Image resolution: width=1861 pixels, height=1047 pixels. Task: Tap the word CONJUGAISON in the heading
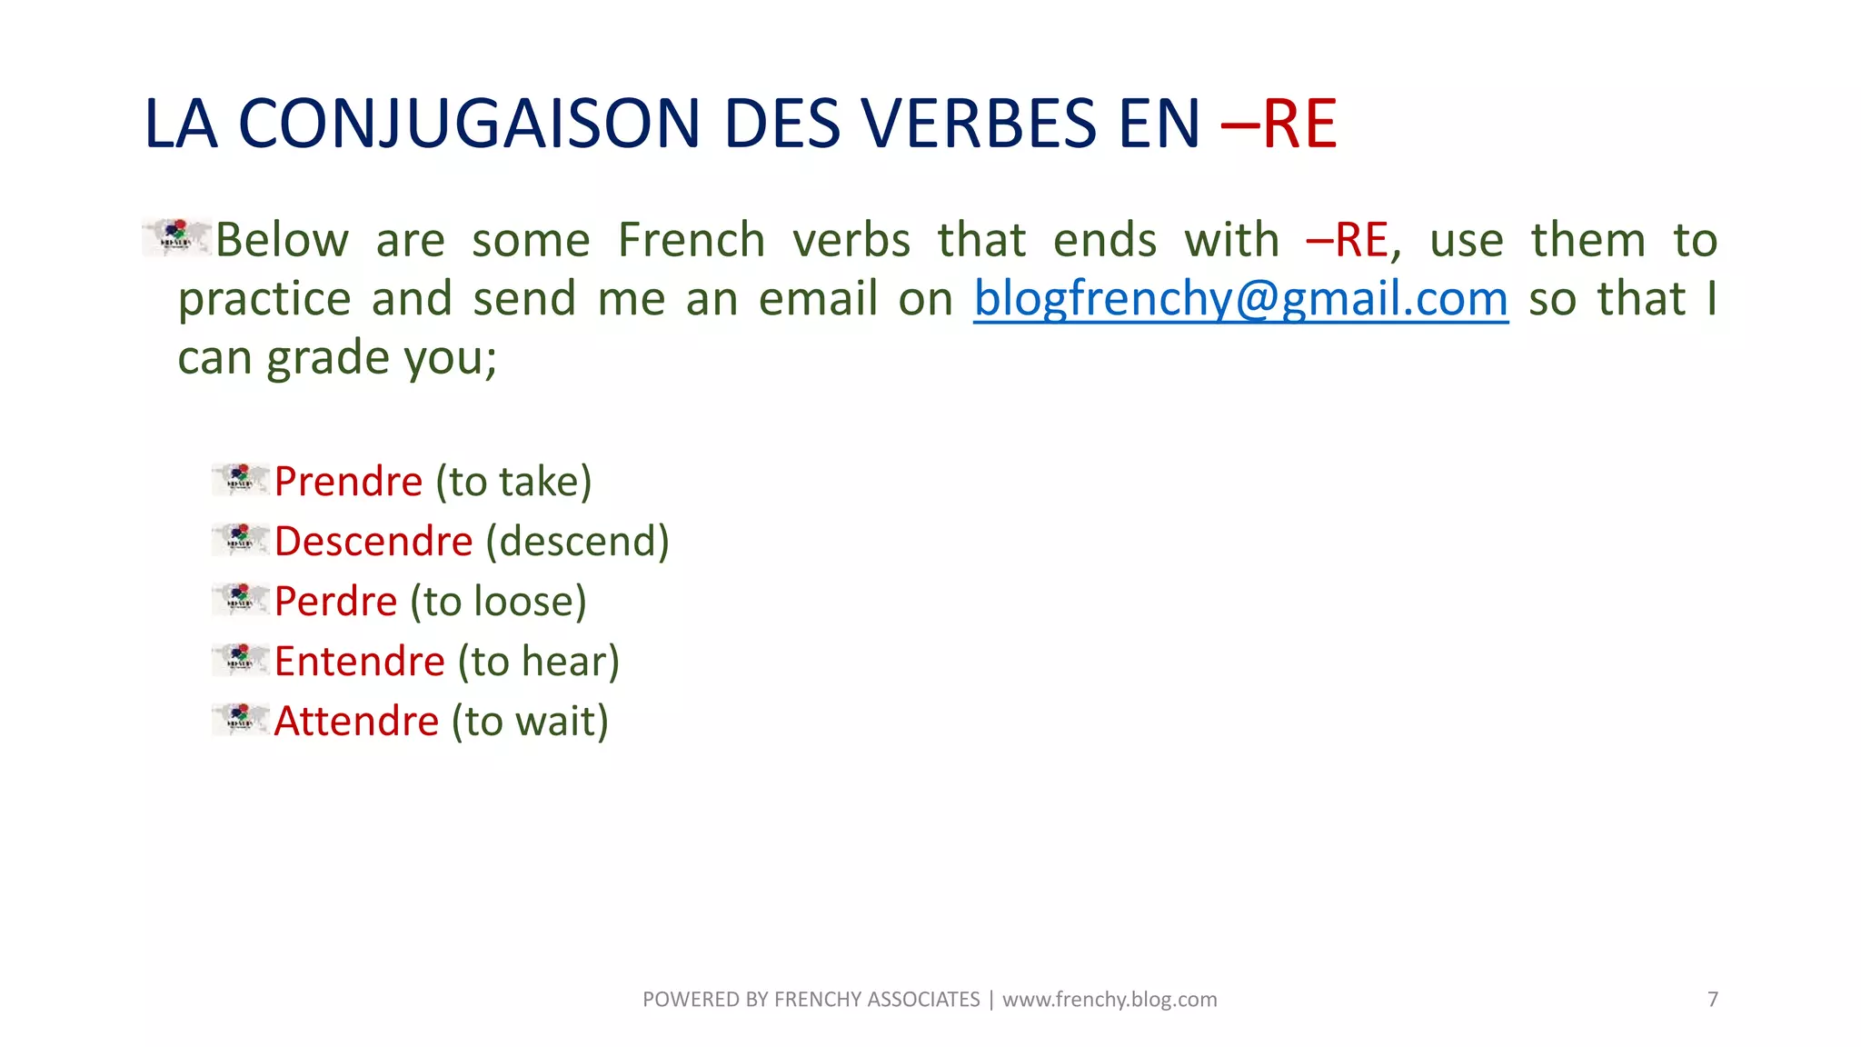coord(469,124)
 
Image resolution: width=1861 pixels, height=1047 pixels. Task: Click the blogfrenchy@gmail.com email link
coord(1240,299)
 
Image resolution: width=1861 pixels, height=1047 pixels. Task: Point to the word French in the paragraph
coord(692,241)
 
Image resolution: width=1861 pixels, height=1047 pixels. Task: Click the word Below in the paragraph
coord(282,241)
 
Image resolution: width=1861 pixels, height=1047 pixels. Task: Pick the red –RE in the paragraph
coord(1348,241)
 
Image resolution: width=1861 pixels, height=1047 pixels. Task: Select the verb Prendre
coord(348,482)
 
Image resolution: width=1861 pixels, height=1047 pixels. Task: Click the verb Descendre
coord(373,542)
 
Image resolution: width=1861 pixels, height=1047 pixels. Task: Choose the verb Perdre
coord(335,602)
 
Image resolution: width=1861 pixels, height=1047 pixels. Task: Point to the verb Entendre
coord(360,662)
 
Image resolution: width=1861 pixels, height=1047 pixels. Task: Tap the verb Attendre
coord(356,722)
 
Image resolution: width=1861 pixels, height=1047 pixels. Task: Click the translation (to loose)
coord(498,602)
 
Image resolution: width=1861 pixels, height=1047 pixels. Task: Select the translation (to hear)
coord(538,662)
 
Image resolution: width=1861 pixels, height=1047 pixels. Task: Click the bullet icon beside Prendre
coord(241,479)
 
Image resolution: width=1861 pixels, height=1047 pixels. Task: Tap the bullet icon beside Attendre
coord(241,719)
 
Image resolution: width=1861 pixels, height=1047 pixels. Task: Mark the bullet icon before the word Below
coord(177,237)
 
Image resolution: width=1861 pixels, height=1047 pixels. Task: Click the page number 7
coord(1713,1000)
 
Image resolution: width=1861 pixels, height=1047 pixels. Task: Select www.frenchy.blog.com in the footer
coord(1110,1000)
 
